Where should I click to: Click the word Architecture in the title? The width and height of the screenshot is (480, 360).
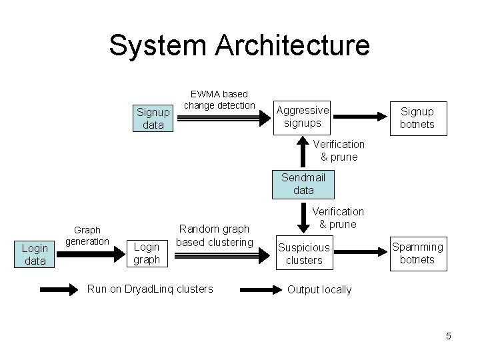pyautogui.click(x=293, y=45)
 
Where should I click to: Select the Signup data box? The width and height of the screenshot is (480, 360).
pyautogui.click(x=153, y=117)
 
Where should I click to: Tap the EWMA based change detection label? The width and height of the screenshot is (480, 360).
pyautogui.click(x=219, y=99)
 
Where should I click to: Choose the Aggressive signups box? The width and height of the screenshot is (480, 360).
pyautogui.click(x=303, y=117)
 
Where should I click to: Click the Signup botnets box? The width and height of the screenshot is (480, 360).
pyautogui.click(x=417, y=117)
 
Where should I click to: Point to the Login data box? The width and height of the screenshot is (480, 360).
pyautogui.click(x=35, y=254)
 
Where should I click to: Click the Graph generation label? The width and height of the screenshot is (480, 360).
pyautogui.click(x=91, y=235)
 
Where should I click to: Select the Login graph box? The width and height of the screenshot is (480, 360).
pyautogui.click(x=147, y=253)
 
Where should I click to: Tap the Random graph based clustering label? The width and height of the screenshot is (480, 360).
pyautogui.click(x=215, y=235)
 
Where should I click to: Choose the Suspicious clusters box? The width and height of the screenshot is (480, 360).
pyautogui.click(x=304, y=254)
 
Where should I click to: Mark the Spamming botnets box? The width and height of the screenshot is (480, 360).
pyautogui.click(x=417, y=253)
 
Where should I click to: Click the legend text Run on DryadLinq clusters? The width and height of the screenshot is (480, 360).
pyautogui.click(x=151, y=289)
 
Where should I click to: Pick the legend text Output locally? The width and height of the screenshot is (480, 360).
pyautogui.click(x=319, y=289)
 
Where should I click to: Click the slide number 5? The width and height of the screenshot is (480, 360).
pyautogui.click(x=449, y=336)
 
